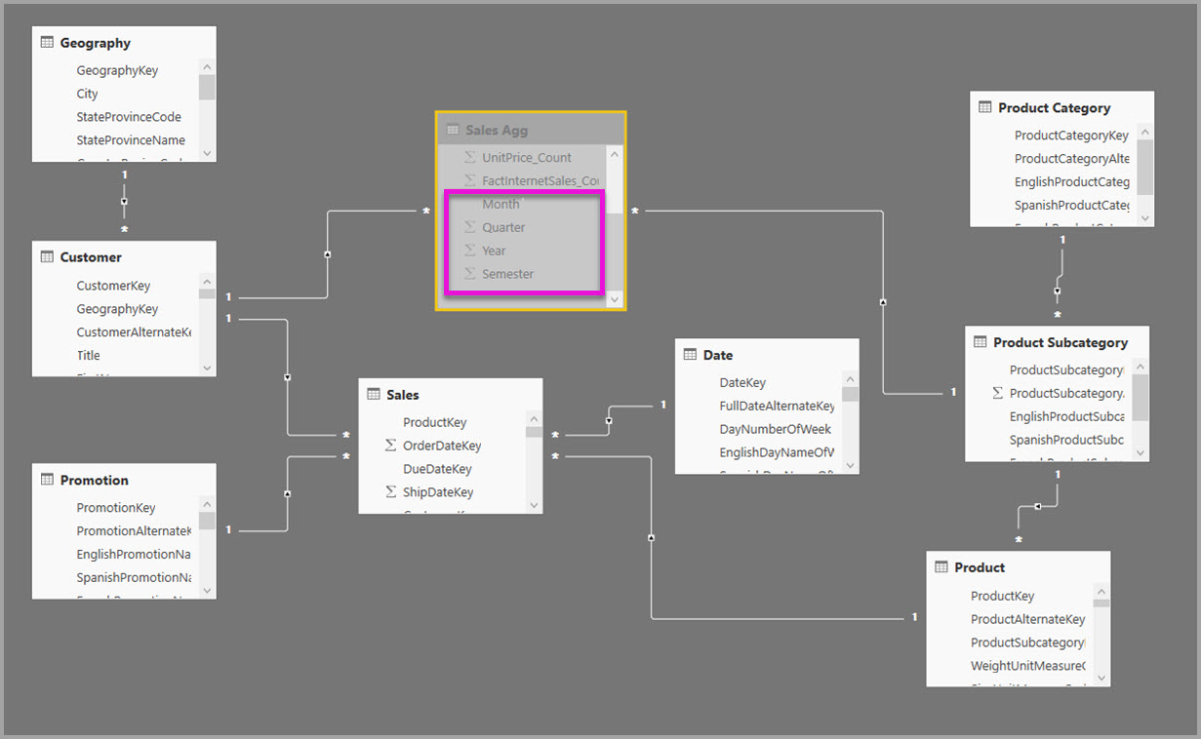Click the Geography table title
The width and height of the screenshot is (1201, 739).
pos(95,43)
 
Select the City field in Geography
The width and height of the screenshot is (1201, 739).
pos(88,94)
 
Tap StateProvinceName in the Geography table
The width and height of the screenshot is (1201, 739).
pos(131,140)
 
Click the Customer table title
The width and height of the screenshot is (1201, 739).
pos(91,257)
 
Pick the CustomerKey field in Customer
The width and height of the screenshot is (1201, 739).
pos(113,286)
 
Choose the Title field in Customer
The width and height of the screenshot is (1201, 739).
pos(89,356)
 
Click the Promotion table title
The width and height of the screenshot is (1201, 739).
pos(94,480)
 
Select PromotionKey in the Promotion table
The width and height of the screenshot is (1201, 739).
pos(116,508)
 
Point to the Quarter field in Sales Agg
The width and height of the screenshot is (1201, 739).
pos(503,227)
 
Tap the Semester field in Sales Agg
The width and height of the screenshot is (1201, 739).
pos(507,274)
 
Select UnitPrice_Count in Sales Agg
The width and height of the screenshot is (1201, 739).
pos(527,157)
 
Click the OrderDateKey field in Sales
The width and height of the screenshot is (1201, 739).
pos(442,446)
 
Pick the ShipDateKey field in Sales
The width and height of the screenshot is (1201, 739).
pos(438,492)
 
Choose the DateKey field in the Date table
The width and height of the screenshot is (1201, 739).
pos(742,383)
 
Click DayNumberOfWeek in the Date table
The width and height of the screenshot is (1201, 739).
pos(775,429)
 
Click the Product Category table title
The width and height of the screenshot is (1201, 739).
pos(1054,108)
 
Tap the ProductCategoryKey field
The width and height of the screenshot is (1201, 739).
pos(1071,136)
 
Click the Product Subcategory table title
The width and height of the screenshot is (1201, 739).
pos(1060,342)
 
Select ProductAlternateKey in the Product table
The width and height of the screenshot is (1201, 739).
pos(1027,619)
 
